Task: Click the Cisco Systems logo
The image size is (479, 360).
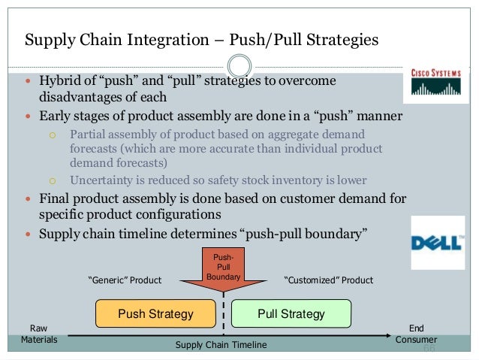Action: (435, 82)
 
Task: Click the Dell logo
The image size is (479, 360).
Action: (436, 242)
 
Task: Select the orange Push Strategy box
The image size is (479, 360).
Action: (155, 313)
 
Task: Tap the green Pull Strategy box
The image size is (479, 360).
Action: (291, 313)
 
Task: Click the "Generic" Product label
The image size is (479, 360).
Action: (125, 280)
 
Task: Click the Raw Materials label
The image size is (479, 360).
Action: (38, 334)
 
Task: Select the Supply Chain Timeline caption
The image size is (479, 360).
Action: (221, 344)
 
